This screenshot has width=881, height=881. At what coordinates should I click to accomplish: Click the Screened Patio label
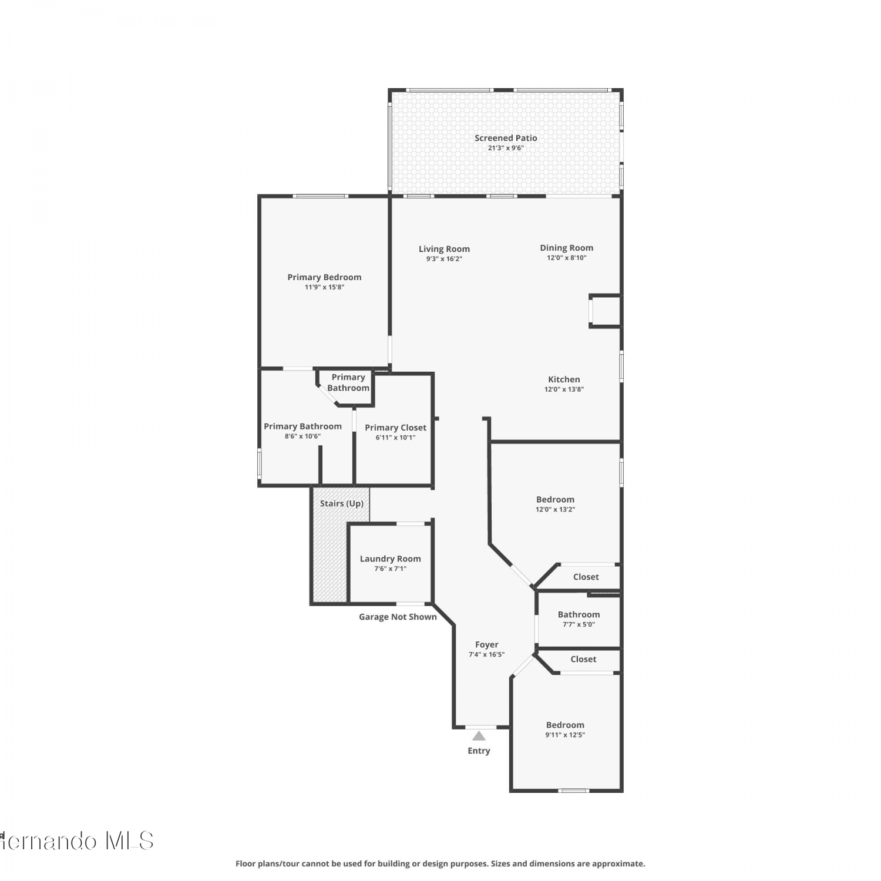coord(506,138)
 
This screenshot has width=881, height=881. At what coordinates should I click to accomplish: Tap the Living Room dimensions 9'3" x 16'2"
coord(444,259)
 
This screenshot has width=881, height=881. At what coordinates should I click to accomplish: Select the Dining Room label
coord(567,248)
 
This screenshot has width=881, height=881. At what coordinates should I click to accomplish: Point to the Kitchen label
coord(564,379)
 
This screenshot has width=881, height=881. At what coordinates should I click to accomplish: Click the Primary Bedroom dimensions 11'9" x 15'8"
coord(324,287)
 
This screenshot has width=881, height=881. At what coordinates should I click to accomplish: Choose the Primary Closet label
coord(395,428)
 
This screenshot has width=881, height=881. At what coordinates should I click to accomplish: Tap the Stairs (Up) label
coord(342,503)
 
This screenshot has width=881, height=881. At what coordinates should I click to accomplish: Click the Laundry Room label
coord(391,559)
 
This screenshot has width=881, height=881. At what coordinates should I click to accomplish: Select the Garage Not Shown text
coord(398,617)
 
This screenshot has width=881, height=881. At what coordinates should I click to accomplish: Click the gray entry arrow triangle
coord(479,736)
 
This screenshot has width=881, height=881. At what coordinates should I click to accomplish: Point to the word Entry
coord(479,751)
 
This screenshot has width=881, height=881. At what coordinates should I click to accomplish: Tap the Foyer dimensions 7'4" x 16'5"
coord(486,654)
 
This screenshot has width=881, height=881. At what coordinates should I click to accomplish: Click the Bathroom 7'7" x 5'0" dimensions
coord(579,624)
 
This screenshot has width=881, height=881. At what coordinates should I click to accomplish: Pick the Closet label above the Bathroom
coord(586,577)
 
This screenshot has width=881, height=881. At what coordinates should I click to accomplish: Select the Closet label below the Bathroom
coord(583,659)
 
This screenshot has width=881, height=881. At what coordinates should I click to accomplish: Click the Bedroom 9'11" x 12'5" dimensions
coord(565,735)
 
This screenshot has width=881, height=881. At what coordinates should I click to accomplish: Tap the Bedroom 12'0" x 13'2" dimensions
coord(555,509)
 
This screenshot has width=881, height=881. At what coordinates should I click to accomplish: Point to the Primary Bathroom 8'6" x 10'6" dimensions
coord(302,436)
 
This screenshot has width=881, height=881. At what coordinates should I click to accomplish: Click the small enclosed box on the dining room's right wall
coord(605,311)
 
